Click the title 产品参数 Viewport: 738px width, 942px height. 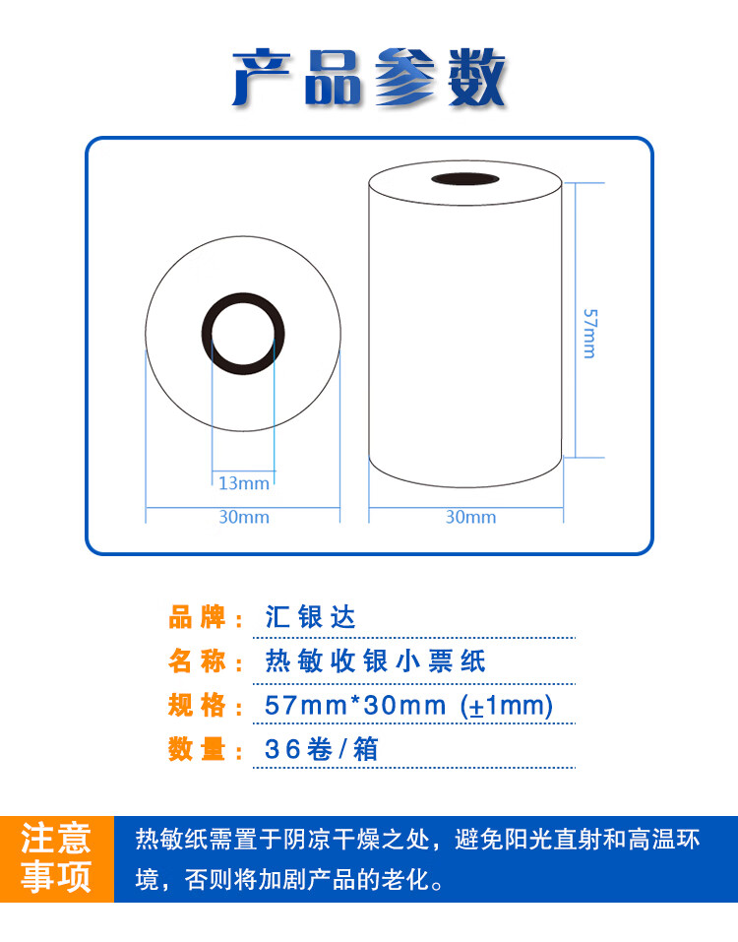[x=369, y=78]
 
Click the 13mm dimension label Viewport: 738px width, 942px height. [x=243, y=482]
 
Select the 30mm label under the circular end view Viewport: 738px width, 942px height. [x=243, y=517]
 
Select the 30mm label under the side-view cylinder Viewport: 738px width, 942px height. [x=470, y=517]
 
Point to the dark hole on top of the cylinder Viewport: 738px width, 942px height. [x=465, y=180]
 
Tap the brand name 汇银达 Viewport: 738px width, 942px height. [x=310, y=618]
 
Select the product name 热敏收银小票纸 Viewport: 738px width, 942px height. [x=376, y=661]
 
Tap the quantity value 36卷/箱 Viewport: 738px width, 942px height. [x=322, y=749]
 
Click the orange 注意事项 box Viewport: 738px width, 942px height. [x=57, y=858]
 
